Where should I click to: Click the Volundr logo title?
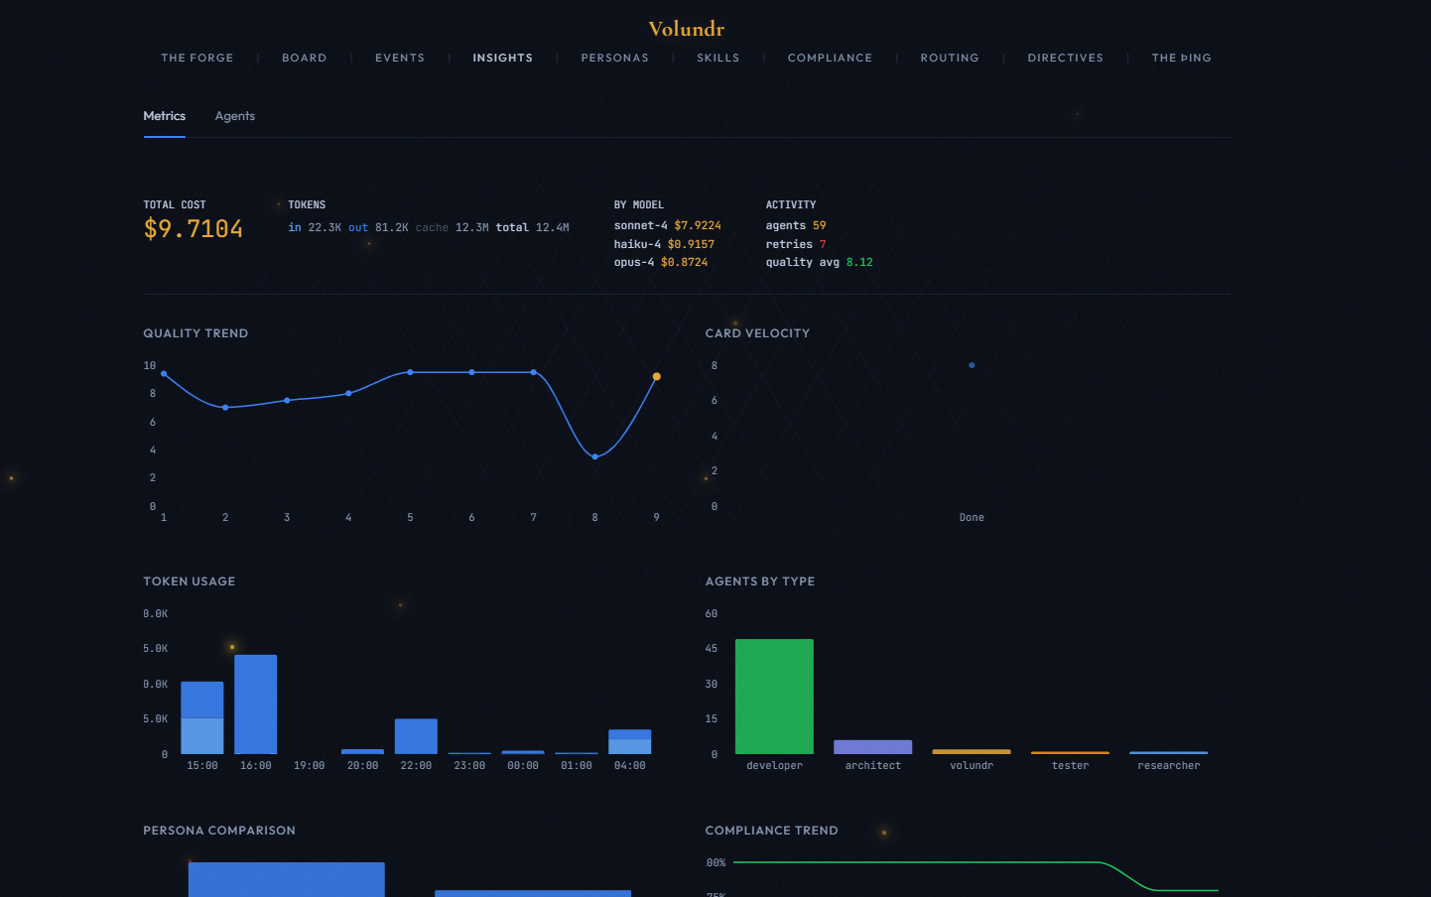point(686,29)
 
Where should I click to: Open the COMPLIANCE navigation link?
point(830,58)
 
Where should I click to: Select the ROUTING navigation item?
point(949,58)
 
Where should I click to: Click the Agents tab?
point(235,116)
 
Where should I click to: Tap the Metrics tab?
point(164,116)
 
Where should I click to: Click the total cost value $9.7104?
point(194,229)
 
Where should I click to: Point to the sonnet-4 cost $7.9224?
point(697,225)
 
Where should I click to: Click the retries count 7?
point(822,244)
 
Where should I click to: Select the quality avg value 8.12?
point(858,262)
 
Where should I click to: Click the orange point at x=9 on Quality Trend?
point(656,377)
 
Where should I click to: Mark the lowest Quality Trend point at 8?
point(594,456)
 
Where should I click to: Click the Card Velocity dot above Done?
point(972,365)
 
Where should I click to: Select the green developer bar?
point(774,697)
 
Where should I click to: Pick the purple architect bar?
point(872,747)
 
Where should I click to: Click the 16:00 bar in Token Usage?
point(255,705)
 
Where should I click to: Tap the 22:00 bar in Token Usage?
point(416,736)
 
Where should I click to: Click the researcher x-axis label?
point(1168,765)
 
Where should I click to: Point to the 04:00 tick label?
point(629,765)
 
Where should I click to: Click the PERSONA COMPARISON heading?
point(219,831)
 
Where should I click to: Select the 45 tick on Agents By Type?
point(711,648)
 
